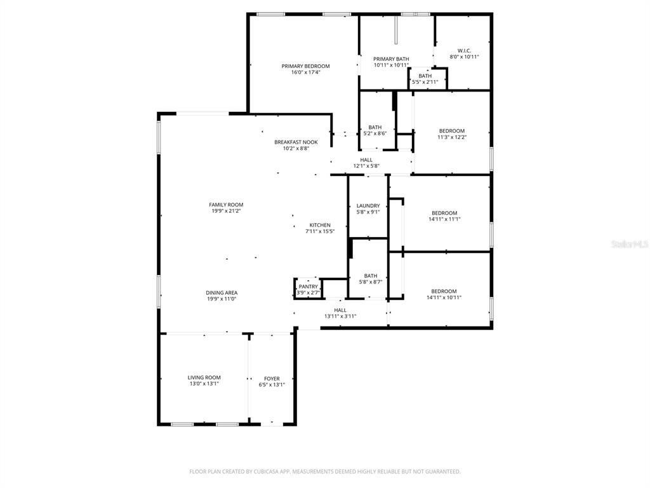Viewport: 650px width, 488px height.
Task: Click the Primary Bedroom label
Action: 305,66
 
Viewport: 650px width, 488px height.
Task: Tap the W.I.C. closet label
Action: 464,51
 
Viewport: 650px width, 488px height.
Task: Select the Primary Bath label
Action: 391,59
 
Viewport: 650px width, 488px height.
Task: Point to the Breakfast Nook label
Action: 296,142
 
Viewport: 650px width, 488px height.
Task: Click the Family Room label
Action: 226,205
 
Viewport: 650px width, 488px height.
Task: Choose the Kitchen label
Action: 320,225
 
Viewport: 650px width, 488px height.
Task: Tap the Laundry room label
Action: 368,205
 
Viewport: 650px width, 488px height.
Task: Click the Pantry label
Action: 308,287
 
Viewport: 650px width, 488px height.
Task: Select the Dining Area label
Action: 222,292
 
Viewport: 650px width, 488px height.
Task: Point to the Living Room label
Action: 204,377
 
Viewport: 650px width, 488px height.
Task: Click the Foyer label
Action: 272,379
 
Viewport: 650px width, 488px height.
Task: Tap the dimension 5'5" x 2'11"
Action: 425,82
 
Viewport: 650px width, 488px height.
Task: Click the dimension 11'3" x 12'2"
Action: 452,137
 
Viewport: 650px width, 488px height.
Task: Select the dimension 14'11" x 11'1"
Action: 444,219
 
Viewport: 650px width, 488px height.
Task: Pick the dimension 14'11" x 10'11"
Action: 444,297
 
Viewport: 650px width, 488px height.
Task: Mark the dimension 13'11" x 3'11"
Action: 340,316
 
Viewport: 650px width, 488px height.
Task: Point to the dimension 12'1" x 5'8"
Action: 366,166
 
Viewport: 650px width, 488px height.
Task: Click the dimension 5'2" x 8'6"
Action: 375,133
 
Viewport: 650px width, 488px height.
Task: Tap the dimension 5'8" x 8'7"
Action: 371,282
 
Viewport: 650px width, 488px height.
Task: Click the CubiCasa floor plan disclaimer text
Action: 325,471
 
